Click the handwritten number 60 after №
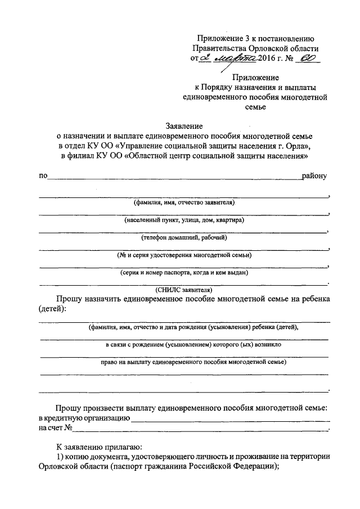coord(308,58)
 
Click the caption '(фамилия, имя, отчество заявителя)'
coord(184,202)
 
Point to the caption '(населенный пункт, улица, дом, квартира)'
coord(184,220)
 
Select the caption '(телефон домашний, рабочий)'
coord(184,237)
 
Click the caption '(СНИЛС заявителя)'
coord(184,289)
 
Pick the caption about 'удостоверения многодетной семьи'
coord(184,255)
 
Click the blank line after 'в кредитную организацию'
coord(231,420)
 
